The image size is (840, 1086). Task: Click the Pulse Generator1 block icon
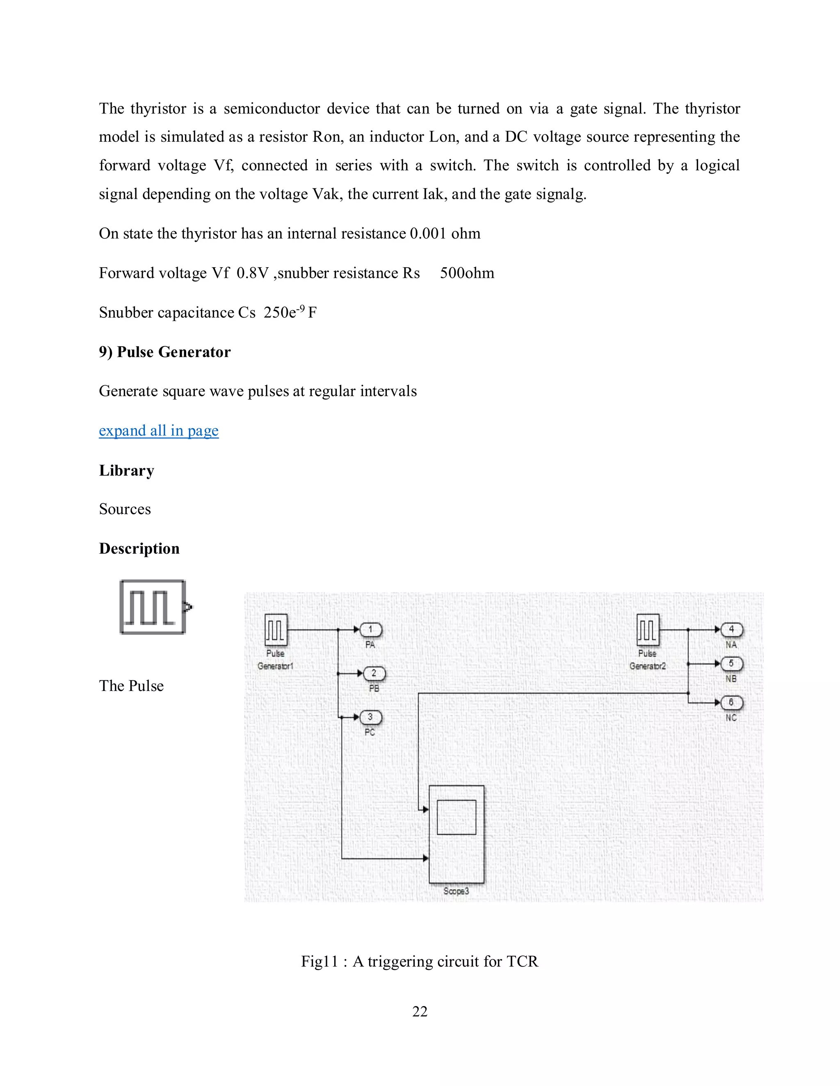276,630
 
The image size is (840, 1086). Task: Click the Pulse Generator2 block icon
647,630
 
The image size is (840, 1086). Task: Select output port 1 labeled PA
371,630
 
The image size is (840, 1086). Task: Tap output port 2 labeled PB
374,674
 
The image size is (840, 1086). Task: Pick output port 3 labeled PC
371,717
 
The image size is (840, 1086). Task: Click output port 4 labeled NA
732,630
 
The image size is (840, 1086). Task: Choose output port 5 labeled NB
732,664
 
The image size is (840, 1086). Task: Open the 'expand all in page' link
159,431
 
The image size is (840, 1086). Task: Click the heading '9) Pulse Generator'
165,352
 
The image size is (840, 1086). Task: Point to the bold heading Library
126,470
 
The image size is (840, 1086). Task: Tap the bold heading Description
139,548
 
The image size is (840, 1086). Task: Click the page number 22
420,1011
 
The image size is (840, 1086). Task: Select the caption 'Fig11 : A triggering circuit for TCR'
420,961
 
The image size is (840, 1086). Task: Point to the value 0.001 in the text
428,234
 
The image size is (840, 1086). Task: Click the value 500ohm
467,273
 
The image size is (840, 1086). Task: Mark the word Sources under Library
125,509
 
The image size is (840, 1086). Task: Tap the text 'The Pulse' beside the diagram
131,686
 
